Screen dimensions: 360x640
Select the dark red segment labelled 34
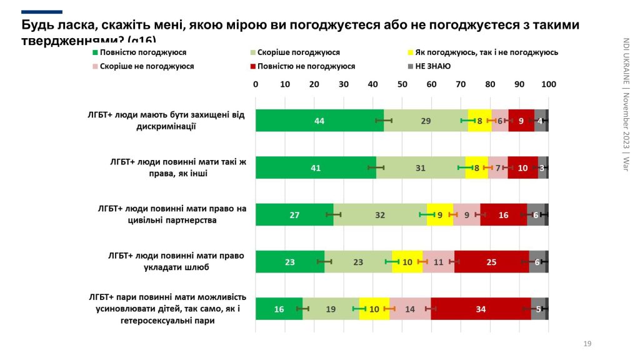click(481, 309)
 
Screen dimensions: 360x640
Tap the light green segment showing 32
click(380, 214)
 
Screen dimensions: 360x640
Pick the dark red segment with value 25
click(491, 262)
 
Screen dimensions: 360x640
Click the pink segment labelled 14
click(410, 309)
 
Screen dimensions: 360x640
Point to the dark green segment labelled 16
click(279, 309)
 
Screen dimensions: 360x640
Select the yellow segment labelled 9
click(440, 214)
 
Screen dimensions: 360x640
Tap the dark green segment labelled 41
click(316, 167)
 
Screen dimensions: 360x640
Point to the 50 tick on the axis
click(402, 84)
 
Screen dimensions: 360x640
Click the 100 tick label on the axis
click(548, 84)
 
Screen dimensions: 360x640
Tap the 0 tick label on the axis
click(256, 84)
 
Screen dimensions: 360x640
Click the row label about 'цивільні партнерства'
click(167, 214)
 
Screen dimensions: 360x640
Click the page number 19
click(587, 344)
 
